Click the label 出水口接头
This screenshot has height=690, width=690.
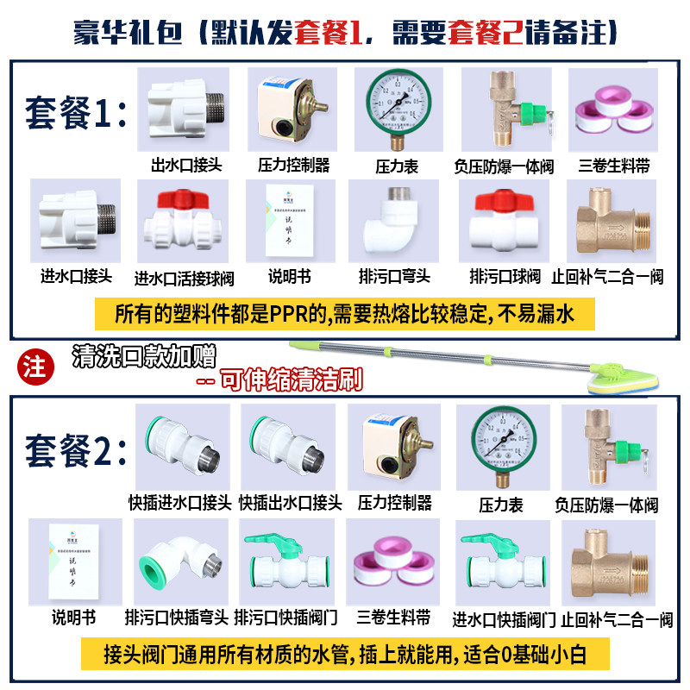click(185, 164)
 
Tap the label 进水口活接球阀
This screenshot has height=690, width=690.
click(184, 278)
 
